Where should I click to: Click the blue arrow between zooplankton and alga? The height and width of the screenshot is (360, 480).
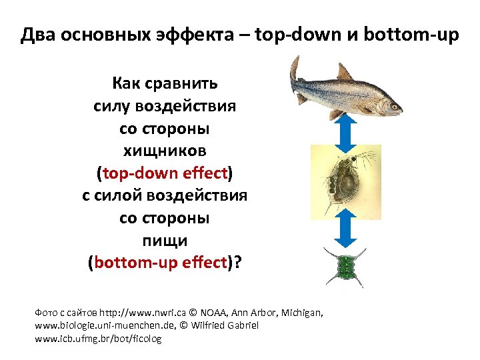345,233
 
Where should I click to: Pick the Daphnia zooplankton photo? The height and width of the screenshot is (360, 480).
346,182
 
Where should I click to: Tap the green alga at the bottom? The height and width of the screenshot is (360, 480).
345,267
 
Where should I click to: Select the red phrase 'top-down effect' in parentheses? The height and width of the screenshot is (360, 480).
164,173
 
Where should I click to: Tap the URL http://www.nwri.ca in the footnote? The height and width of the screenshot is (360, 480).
139,312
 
